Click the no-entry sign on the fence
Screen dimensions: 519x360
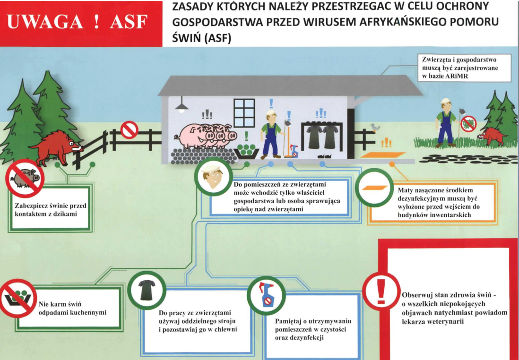[129, 130]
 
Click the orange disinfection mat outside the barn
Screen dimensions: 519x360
[382, 155]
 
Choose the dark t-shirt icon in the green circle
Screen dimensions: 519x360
[147, 290]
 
